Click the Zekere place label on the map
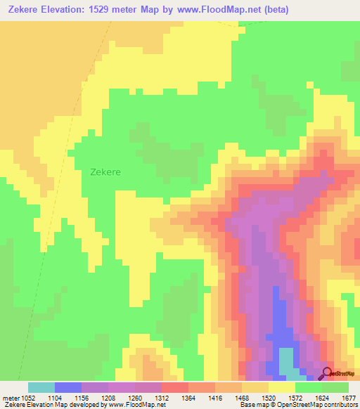pyautogui.click(x=105, y=171)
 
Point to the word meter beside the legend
pyautogui.click(x=9, y=398)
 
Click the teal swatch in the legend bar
pyautogui.click(x=41, y=387)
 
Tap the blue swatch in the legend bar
pyautogui.click(x=68, y=387)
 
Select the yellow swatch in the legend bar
pyautogui.click(x=282, y=387)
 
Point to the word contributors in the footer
pyautogui.click(x=340, y=405)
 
